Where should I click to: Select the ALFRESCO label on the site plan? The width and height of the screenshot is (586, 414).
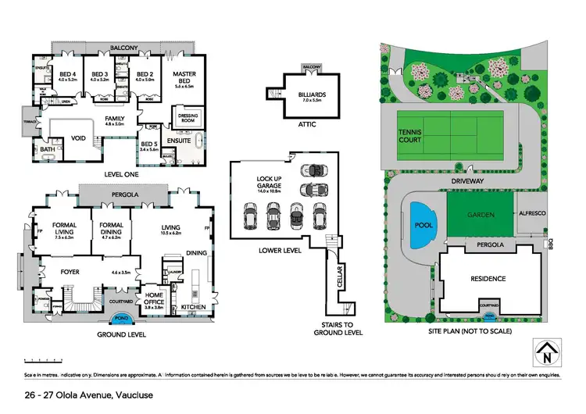[531, 212]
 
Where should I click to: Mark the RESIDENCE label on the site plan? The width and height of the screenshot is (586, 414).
[488, 278]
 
